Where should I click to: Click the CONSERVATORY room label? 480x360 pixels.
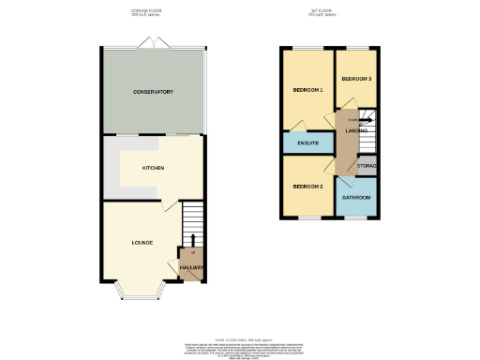pos(153,92)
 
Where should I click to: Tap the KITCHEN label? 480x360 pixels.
pos(153,168)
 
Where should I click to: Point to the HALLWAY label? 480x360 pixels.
pos(191,267)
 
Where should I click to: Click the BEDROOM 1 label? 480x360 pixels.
pos(307,90)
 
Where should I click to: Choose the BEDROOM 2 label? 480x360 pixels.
pos(307,187)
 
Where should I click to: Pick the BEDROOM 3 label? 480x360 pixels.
pos(356,79)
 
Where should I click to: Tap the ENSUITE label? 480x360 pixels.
pos(308,143)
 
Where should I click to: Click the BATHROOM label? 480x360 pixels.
pos(356,198)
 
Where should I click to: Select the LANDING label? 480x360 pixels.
pos(356,130)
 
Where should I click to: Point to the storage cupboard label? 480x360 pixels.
pos(367,166)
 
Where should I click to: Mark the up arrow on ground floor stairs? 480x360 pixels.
pos(192,240)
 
